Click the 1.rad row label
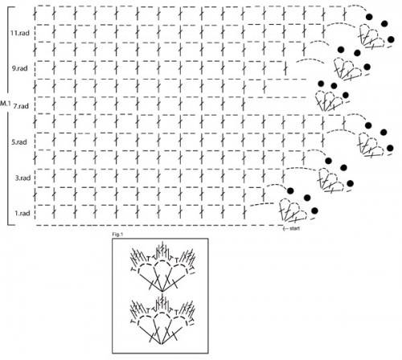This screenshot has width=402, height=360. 23,214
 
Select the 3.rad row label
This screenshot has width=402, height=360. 23,178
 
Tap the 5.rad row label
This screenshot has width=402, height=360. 19,142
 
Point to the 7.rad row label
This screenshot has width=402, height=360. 21,106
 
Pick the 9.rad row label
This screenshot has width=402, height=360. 19,68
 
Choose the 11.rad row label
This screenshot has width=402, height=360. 20,33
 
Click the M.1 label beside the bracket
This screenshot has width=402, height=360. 5,103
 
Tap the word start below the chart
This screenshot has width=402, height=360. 294,228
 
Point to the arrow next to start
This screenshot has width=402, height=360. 285,228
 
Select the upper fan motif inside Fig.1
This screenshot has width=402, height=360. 162,266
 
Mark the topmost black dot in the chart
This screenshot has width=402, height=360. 369,17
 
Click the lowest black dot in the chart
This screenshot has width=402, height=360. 314,211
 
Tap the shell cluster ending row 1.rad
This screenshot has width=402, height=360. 293,211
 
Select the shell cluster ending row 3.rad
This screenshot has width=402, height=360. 331,180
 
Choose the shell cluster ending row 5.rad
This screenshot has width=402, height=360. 371,145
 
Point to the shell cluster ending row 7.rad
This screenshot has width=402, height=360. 329,100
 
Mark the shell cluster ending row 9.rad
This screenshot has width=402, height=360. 348,68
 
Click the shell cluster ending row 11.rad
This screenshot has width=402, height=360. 372,36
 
